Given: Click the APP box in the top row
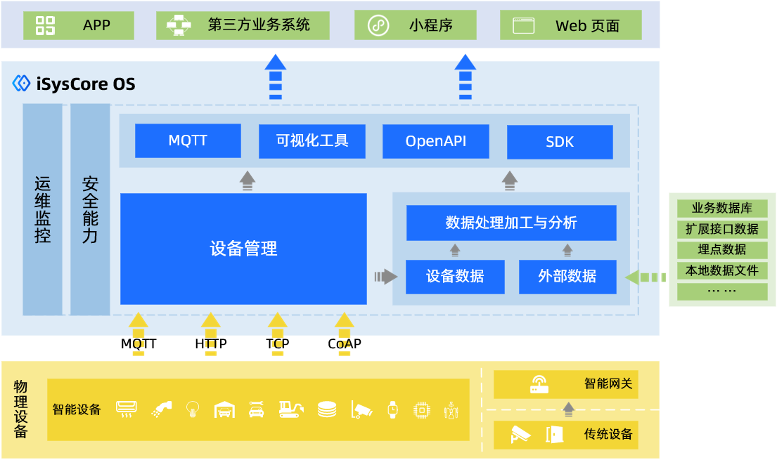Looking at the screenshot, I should coord(78,26).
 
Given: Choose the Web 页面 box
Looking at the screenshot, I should coord(570,26).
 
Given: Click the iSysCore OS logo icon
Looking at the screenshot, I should coord(21,84).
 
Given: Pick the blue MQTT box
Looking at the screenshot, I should coord(188,140).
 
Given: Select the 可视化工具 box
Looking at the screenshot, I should coord(312,140).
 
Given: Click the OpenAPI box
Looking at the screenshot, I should coord(436,141).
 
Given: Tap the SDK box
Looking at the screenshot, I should coord(560,142).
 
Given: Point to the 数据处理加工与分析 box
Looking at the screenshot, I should coord(511,223).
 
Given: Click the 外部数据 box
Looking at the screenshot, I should coord(567,276).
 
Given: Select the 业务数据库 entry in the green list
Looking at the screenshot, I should coord(722,209).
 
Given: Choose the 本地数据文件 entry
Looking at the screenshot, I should coord(722,270).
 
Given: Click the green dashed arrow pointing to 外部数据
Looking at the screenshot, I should coord(645,277).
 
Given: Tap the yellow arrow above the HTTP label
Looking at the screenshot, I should coord(211,324).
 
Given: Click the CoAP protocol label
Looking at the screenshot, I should coord(345,344).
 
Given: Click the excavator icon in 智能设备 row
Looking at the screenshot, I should coord(290,409).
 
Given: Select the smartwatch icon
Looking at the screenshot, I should coord(392,409).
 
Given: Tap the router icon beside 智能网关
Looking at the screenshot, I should coord(539,384).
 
